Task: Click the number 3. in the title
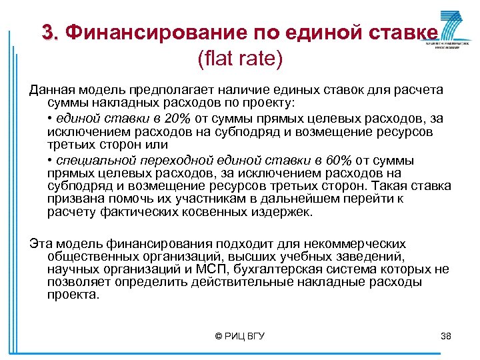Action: click(51, 31)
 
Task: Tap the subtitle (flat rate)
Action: click(240, 59)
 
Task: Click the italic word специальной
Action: click(97, 161)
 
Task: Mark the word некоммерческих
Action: click(357, 243)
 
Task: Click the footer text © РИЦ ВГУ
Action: click(240, 336)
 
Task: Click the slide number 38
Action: click(446, 336)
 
